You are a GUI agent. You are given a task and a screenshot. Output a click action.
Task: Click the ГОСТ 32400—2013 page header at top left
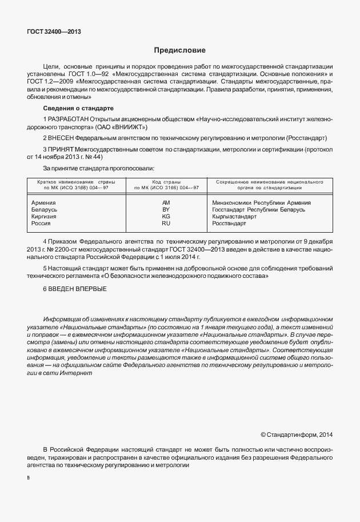pyautogui.click(x=54, y=31)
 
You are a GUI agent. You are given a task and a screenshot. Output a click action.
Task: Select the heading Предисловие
pyautogui.click(x=179, y=50)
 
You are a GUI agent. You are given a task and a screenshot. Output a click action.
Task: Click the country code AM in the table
pyautogui.click(x=166, y=203)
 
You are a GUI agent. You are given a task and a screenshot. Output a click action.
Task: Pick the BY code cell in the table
pyautogui.click(x=166, y=210)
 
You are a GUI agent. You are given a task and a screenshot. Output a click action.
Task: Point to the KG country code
pyautogui.click(x=166, y=217)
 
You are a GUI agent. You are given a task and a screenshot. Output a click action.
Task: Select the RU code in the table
pyautogui.click(x=166, y=224)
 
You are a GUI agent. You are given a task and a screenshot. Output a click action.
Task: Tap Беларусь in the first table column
pyautogui.click(x=44, y=210)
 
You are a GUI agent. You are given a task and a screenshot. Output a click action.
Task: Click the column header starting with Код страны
pyautogui.click(x=166, y=185)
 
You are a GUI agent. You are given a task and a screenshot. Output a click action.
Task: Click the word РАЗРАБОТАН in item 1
pyautogui.click(x=69, y=119)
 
